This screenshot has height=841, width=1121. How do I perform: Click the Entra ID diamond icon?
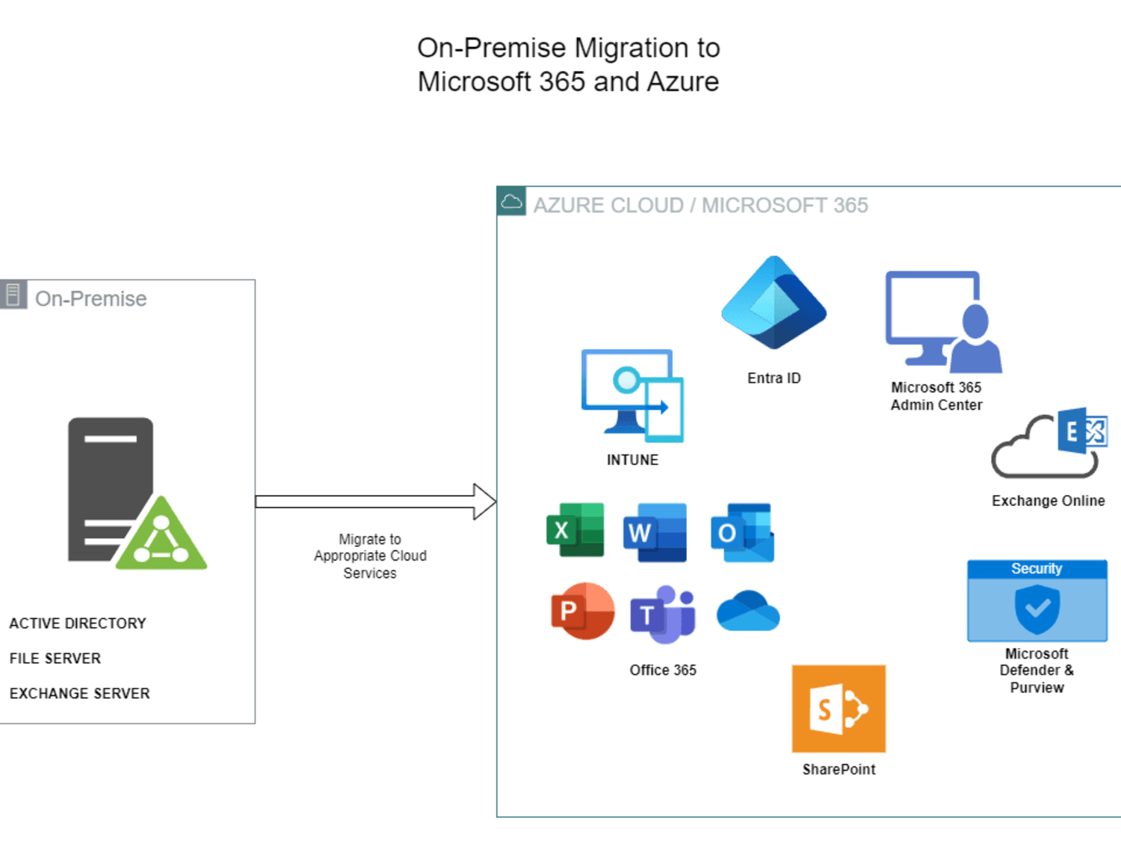point(773,302)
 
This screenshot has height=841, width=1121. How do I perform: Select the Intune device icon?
point(632,395)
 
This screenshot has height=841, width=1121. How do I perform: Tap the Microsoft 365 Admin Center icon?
point(944,321)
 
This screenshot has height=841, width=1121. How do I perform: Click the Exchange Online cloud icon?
point(1049,443)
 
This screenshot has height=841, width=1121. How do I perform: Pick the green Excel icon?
point(575,529)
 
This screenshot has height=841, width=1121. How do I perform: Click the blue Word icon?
point(655,532)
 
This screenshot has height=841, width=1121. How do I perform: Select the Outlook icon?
point(743,532)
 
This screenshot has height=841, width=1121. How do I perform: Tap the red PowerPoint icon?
point(583,611)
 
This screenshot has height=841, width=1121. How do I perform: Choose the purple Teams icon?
point(663,614)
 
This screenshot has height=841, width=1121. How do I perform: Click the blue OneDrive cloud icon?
point(748,611)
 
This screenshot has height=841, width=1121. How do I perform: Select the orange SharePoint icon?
point(839,709)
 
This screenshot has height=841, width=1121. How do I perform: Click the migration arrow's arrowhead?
point(485,502)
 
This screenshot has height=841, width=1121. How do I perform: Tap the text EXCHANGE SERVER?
point(80,694)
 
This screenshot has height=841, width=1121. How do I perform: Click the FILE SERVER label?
point(55,658)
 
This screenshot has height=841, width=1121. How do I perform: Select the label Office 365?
point(663,670)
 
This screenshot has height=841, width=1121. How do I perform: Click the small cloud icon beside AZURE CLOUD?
point(511,201)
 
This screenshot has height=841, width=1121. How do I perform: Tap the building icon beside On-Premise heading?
point(13,294)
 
